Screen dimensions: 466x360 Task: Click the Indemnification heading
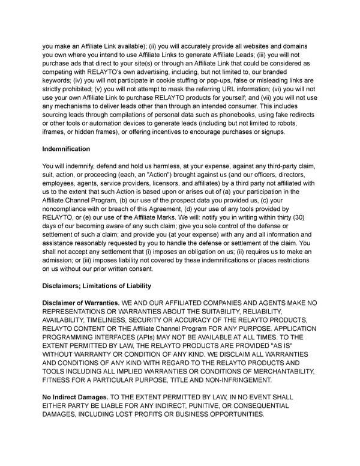pyautogui.click(x=66, y=148)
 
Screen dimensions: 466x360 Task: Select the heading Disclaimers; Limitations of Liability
pyautogui.click(x=97, y=285)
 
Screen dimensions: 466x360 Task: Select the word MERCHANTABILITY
pyautogui.click(x=277, y=371)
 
